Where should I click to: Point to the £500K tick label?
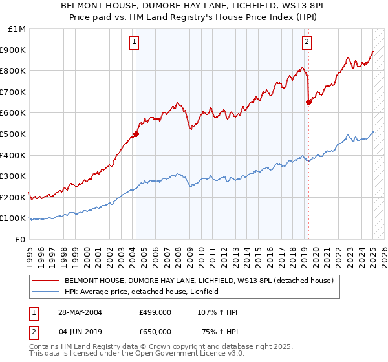[x=14, y=134]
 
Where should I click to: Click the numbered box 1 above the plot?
[x=134, y=43]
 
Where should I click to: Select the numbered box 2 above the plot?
[x=306, y=43]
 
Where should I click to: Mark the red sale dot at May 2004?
[x=136, y=134]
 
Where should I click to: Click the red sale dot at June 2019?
[x=308, y=102]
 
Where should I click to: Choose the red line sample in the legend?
[x=47, y=281]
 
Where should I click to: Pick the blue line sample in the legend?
[x=47, y=292]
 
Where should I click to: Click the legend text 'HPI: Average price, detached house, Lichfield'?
[x=142, y=292]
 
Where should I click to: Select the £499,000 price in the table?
[x=155, y=312]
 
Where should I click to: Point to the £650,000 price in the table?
[x=155, y=331]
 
